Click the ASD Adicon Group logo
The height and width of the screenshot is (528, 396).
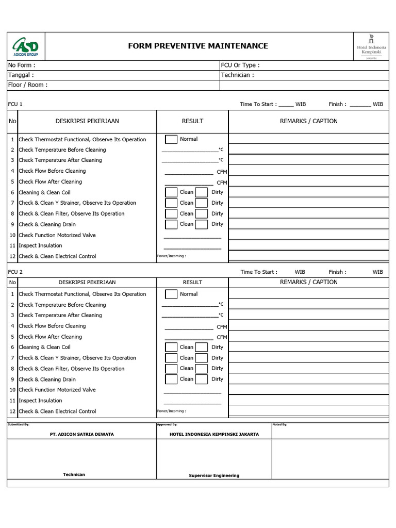[26, 47]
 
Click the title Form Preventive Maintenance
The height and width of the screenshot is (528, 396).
[198, 46]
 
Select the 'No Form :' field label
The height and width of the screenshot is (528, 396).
[21, 65]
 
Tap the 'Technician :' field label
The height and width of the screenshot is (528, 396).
[237, 75]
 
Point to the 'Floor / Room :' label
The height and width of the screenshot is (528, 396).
[27, 85]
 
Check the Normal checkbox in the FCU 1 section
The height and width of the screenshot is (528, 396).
[171, 139]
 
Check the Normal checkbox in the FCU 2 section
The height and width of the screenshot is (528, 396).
[171, 294]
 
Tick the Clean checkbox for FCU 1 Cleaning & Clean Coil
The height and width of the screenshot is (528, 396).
[171, 192]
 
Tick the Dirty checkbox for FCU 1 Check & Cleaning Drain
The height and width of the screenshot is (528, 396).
[202, 224]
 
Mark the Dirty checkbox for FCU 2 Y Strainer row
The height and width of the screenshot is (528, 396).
[202, 358]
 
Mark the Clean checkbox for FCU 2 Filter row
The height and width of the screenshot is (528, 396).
[171, 369]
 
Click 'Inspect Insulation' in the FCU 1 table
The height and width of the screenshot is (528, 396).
[40, 246]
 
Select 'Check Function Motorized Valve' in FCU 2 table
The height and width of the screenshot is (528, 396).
[57, 390]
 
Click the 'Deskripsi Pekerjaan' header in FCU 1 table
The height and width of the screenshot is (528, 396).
[87, 121]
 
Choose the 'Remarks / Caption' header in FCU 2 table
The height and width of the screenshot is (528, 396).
[308, 282]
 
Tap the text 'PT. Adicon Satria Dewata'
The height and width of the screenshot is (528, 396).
[81, 434]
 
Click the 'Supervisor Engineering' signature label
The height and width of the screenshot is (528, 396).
[214, 475]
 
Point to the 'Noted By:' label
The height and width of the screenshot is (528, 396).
[279, 424]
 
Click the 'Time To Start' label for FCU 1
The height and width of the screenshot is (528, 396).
[258, 104]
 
